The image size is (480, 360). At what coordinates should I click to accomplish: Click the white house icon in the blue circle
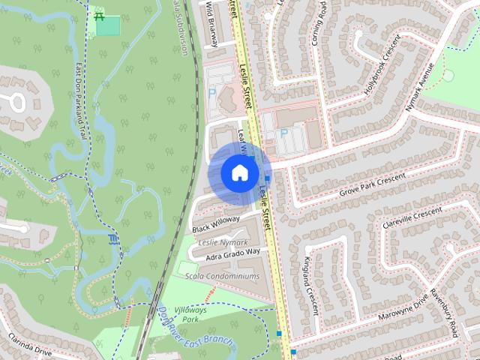coord(239,172)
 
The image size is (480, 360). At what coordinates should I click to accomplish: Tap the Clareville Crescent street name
coord(412,218)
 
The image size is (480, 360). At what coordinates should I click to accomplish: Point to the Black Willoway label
coord(215,223)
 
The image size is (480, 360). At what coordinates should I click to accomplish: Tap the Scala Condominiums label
coord(223,276)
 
